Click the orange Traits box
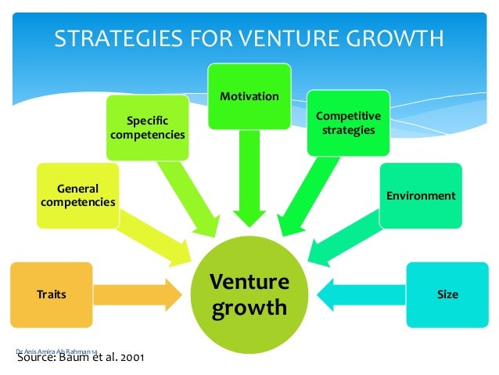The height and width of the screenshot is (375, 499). tap(52, 294)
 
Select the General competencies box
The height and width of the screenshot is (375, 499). tap(78, 196)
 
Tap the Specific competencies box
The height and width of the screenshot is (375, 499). tap(148, 128)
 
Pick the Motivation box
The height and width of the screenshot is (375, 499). tap(249, 96)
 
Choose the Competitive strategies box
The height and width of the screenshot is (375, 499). tap(348, 122)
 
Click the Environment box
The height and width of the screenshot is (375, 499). tap(421, 196)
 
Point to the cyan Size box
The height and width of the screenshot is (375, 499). tap(447, 294)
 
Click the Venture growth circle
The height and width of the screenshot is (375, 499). tap(249, 295)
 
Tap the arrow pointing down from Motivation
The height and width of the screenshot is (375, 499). tap(249, 176)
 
